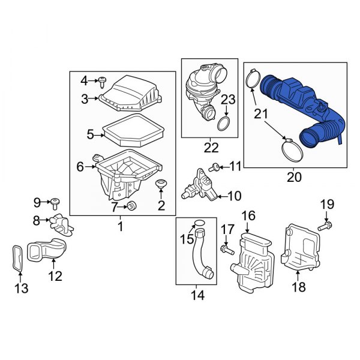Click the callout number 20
[295, 177]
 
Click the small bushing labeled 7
[133, 207]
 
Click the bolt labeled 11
[214, 166]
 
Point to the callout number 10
[233, 196]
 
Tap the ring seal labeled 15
[199, 227]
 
